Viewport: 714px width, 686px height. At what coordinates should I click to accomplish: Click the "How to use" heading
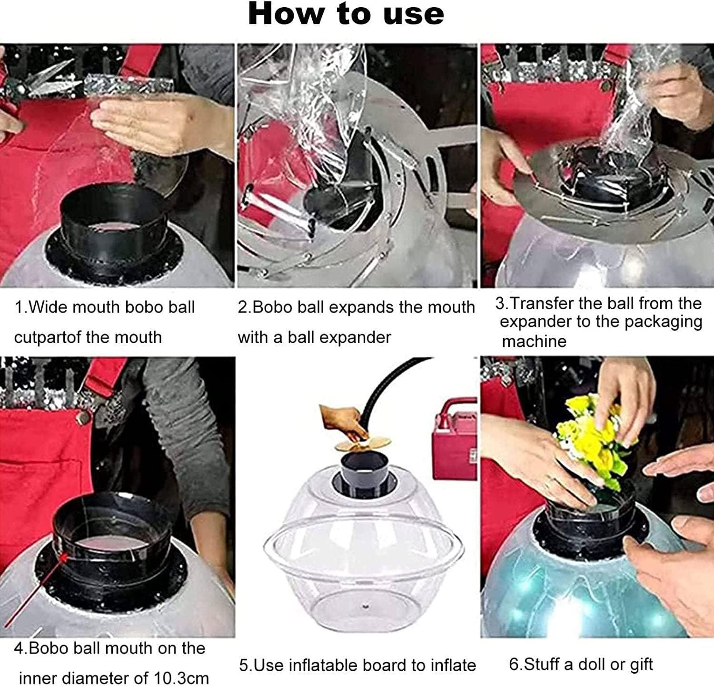[346, 14]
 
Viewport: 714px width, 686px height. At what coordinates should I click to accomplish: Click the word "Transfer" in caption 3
[541, 303]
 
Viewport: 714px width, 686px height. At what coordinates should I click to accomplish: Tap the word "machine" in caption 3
[534, 342]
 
